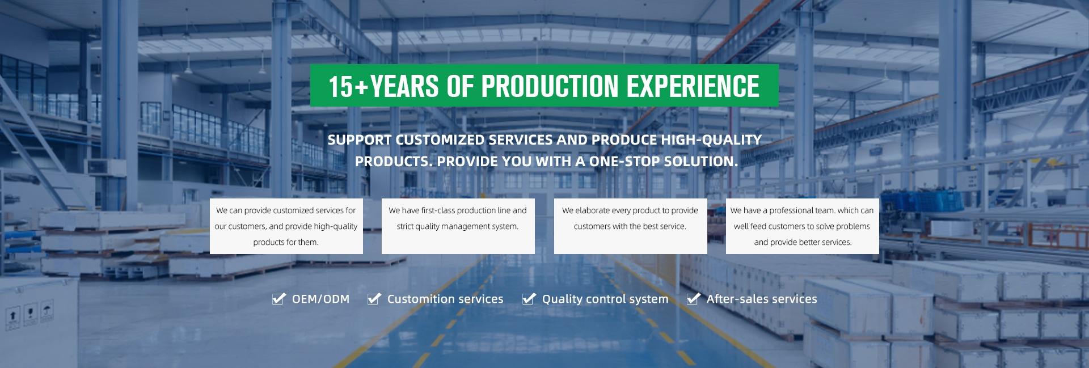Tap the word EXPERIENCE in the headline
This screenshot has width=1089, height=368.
693,86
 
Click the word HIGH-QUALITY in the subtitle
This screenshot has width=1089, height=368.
711,139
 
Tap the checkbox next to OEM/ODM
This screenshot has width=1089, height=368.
278,298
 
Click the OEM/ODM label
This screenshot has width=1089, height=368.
320,299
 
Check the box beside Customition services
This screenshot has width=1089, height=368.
374,298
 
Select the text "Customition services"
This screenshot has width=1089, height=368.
445,299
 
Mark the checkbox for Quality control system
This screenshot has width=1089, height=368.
529,298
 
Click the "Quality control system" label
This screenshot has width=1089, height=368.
605,299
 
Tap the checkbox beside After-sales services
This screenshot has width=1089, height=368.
693,298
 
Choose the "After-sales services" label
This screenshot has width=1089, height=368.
762,299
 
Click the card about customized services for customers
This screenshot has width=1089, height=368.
286,226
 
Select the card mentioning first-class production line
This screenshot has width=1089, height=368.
458,226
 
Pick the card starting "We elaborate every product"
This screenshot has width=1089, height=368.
631,226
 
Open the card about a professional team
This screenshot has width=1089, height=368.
803,226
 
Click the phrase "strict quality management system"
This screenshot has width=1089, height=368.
458,226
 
